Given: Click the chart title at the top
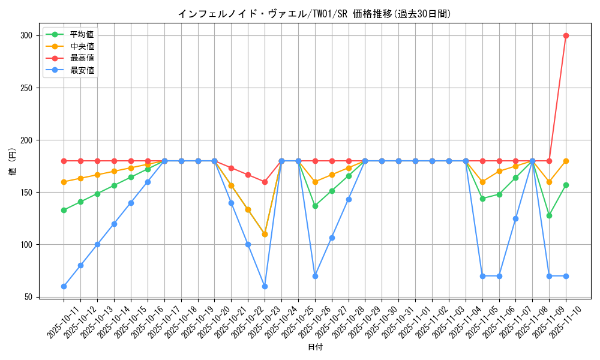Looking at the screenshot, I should pyautogui.click(x=314, y=14).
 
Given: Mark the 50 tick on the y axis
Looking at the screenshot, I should pyautogui.click(x=28, y=297).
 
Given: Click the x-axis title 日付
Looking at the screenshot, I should pyautogui.click(x=315, y=347).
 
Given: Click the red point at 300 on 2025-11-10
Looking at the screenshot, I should pyautogui.click(x=566, y=35).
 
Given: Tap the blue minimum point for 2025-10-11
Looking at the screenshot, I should pyautogui.click(x=64, y=286).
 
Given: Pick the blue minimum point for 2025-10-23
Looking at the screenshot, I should pyautogui.click(x=265, y=286).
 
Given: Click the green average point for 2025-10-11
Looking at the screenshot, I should pyautogui.click(x=64, y=210).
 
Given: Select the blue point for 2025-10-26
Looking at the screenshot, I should pyautogui.click(x=315, y=276).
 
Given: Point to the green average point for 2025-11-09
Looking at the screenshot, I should pyautogui.click(x=549, y=215).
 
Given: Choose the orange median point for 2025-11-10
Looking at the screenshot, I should pyautogui.click(x=566, y=161).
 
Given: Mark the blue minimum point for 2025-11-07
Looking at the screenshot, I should pyautogui.click(x=515, y=218).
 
